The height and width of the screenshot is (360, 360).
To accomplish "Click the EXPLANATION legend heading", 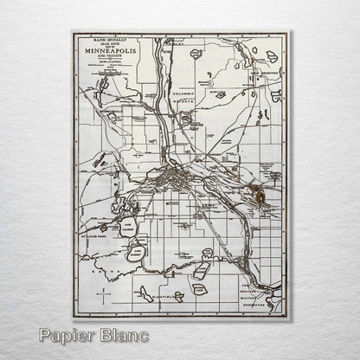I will (101, 64).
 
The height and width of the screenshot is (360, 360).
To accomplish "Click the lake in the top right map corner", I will (272, 56).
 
